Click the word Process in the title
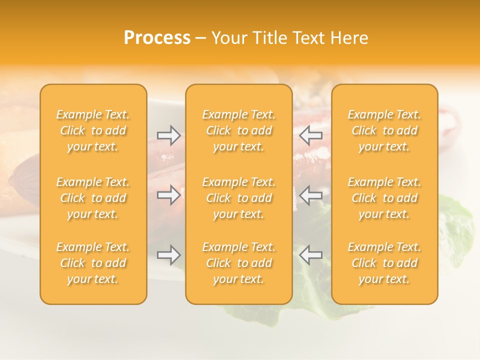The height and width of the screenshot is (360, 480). pyautogui.click(x=157, y=38)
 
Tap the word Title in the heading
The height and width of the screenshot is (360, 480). pyautogui.click(x=268, y=38)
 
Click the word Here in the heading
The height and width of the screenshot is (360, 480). pyautogui.click(x=349, y=38)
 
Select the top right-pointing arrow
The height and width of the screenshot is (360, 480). pyautogui.click(x=168, y=134)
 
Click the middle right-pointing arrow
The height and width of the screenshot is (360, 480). pyautogui.click(x=168, y=195)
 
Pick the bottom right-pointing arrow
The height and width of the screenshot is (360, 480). pyautogui.click(x=168, y=255)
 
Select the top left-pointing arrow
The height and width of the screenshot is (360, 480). pyautogui.click(x=310, y=134)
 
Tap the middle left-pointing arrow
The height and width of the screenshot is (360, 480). pyautogui.click(x=310, y=195)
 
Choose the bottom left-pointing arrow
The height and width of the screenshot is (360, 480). pyautogui.click(x=310, y=255)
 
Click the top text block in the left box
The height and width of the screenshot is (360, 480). pyautogui.click(x=93, y=130)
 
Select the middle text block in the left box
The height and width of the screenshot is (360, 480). pyautogui.click(x=93, y=198)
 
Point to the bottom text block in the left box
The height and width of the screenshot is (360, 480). pyautogui.click(x=93, y=263)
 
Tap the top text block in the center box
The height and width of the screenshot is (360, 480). pyautogui.click(x=239, y=130)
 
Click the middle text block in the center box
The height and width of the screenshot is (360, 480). pyautogui.click(x=239, y=198)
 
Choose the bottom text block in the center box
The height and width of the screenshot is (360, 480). pyautogui.click(x=239, y=263)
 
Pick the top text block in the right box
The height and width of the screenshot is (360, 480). pyautogui.click(x=384, y=130)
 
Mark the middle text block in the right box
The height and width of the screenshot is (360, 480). pyautogui.click(x=384, y=198)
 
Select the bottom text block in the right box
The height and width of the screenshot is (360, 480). pyautogui.click(x=384, y=263)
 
